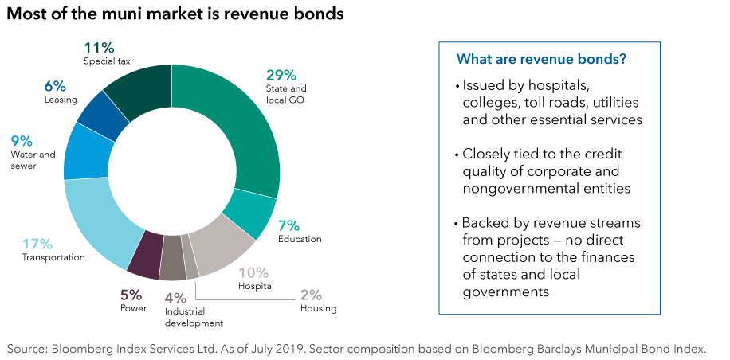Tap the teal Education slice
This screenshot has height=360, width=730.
point(248,216)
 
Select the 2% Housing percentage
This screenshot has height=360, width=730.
point(312,294)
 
